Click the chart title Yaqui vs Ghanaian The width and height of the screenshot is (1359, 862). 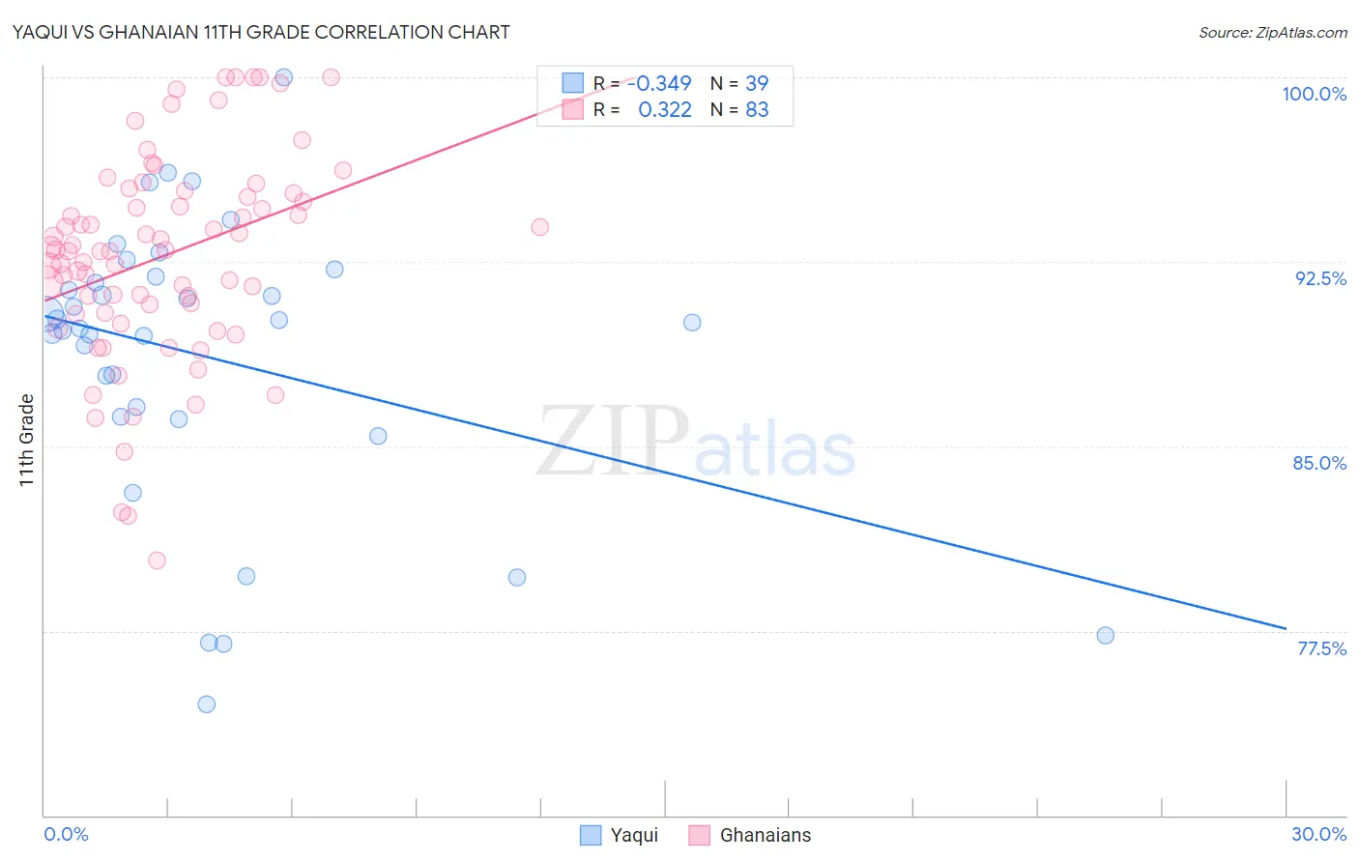[x=261, y=32]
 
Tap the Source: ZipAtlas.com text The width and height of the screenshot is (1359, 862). [x=1272, y=33]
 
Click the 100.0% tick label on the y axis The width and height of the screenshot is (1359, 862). [x=1314, y=94]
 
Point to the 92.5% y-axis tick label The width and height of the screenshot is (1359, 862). [x=1320, y=278]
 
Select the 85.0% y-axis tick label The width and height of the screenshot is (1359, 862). [x=1319, y=463]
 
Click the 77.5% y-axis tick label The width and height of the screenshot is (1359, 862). [x=1321, y=648]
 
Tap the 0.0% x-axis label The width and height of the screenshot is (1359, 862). [x=66, y=834]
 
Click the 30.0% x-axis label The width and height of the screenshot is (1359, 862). [x=1318, y=834]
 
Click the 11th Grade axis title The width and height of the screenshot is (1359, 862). [x=27, y=440]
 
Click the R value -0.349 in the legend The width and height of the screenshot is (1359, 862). [x=659, y=83]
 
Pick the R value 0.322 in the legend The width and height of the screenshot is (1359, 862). [x=665, y=110]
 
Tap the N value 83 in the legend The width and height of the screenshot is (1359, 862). [x=757, y=110]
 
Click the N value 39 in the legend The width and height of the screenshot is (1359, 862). [x=757, y=83]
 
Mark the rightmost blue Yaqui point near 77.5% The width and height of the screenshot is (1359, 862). [x=1105, y=636]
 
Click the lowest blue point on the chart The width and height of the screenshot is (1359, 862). [x=206, y=704]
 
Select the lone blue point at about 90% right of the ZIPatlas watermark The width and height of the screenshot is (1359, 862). [x=692, y=323]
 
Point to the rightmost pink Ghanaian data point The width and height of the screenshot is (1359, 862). [x=539, y=227]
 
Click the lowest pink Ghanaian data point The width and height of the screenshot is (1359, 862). [x=157, y=560]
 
